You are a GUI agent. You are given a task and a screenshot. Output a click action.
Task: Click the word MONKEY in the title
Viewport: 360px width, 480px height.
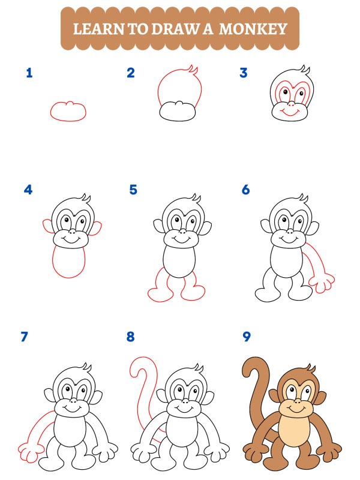tap(253, 28)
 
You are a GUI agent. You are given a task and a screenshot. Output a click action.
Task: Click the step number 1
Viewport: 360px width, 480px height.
tap(29, 73)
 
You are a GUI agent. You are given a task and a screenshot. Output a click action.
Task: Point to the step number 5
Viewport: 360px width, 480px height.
tap(133, 190)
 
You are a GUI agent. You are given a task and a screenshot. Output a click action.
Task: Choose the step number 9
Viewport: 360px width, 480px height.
tap(246, 337)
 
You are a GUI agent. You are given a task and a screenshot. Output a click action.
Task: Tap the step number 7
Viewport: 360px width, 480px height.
tap(25, 337)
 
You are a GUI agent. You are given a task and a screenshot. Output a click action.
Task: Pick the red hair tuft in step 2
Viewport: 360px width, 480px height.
tap(193, 71)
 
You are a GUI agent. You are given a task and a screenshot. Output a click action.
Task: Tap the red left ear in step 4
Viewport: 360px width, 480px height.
tap(47, 227)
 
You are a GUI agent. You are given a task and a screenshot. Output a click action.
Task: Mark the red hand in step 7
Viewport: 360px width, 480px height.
tap(29, 449)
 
